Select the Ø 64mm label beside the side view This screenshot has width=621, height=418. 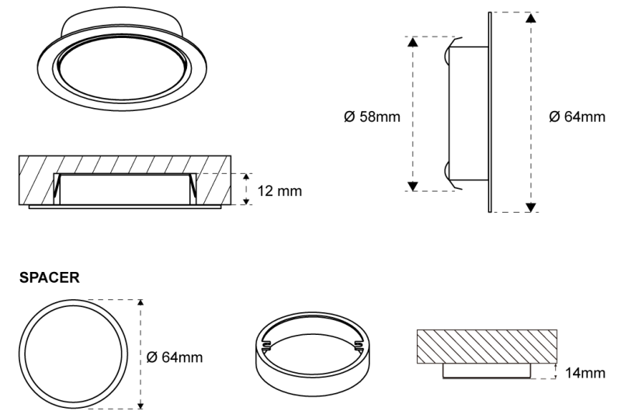point(576,117)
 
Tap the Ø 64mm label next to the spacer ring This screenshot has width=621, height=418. point(175,357)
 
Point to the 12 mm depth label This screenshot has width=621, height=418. point(279,190)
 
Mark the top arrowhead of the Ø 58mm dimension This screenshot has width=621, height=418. point(413,42)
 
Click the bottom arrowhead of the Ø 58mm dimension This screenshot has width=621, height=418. point(413,185)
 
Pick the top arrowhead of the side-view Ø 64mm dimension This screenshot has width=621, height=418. point(530,17)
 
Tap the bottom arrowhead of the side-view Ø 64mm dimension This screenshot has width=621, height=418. point(530,206)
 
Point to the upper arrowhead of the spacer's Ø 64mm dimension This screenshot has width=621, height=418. point(141,304)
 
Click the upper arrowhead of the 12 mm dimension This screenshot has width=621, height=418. point(247,178)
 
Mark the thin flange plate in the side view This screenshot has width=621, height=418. point(488,111)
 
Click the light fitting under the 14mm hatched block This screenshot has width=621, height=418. point(486,372)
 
